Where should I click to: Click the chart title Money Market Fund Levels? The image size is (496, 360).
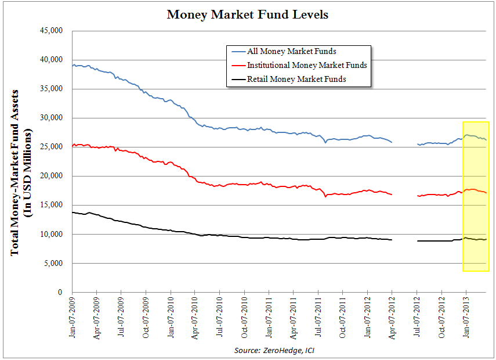tap(248, 15)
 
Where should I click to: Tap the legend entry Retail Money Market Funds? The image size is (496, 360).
tap(296, 79)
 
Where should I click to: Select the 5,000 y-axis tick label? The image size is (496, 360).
tap(53, 263)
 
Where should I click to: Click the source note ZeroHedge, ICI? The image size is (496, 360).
tap(274, 350)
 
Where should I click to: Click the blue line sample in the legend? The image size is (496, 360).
tap(237, 52)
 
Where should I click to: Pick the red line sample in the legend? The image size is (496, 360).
tap(237, 65)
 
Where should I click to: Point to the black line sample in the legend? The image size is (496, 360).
tap(237, 79)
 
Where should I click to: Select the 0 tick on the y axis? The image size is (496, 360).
tap(60, 292)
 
